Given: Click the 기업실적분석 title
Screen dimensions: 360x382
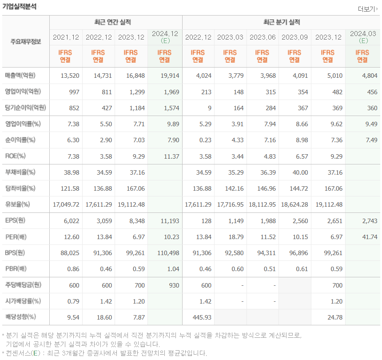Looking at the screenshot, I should click(x=20, y=7).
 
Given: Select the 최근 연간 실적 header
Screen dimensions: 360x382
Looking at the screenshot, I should click(x=115, y=22).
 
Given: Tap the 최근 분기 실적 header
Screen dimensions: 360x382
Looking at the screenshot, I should click(x=281, y=22).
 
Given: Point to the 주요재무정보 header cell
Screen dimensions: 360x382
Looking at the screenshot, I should click(x=26, y=42).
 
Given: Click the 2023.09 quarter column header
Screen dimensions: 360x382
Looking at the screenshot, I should click(x=294, y=37).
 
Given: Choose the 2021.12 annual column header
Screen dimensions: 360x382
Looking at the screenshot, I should click(x=66, y=37).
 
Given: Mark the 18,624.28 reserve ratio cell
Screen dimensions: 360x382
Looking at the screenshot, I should click(x=294, y=204).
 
